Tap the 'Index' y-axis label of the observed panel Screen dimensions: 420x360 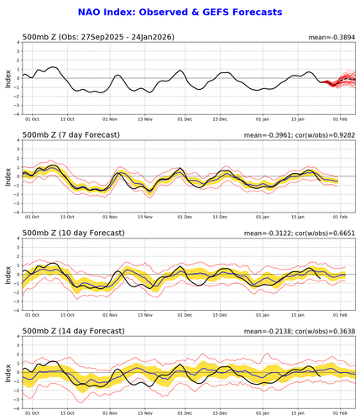coord(8,81)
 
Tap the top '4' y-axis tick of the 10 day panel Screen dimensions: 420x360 coord(18,239)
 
